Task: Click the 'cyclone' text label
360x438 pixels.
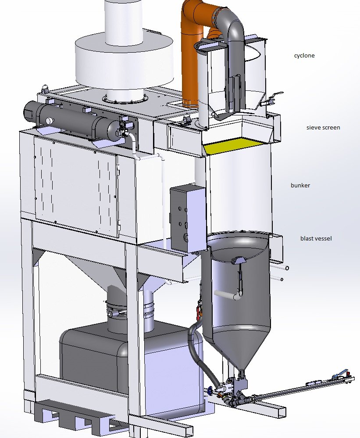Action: [x=304, y=56]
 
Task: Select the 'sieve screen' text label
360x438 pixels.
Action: [x=323, y=127]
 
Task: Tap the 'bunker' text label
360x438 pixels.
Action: [x=300, y=185]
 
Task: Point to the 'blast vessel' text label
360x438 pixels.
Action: [x=316, y=238]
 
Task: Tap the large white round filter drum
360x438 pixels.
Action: [x=124, y=63]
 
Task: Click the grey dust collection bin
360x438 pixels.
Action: [x=131, y=369]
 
